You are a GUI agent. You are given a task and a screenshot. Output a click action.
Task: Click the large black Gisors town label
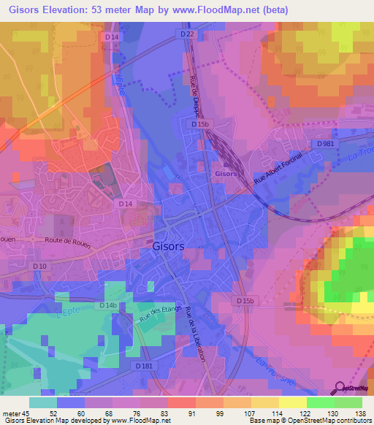point(168,247)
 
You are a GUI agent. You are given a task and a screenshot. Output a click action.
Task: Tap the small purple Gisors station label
point(225,174)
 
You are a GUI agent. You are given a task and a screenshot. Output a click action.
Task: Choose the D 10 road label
point(39,267)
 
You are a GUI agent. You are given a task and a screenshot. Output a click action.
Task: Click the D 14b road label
point(108,305)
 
